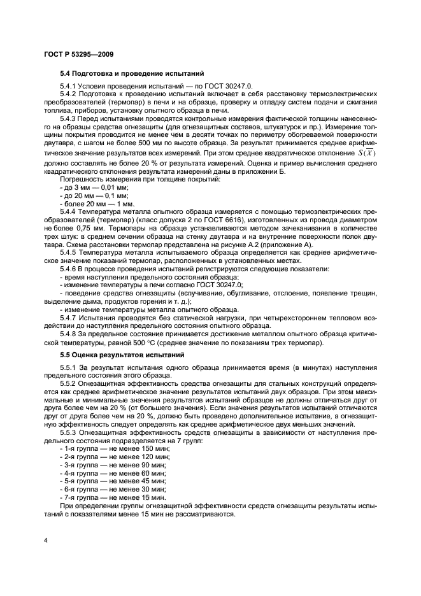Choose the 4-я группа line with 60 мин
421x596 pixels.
(104, 473)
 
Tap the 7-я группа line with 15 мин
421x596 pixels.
(104, 497)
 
